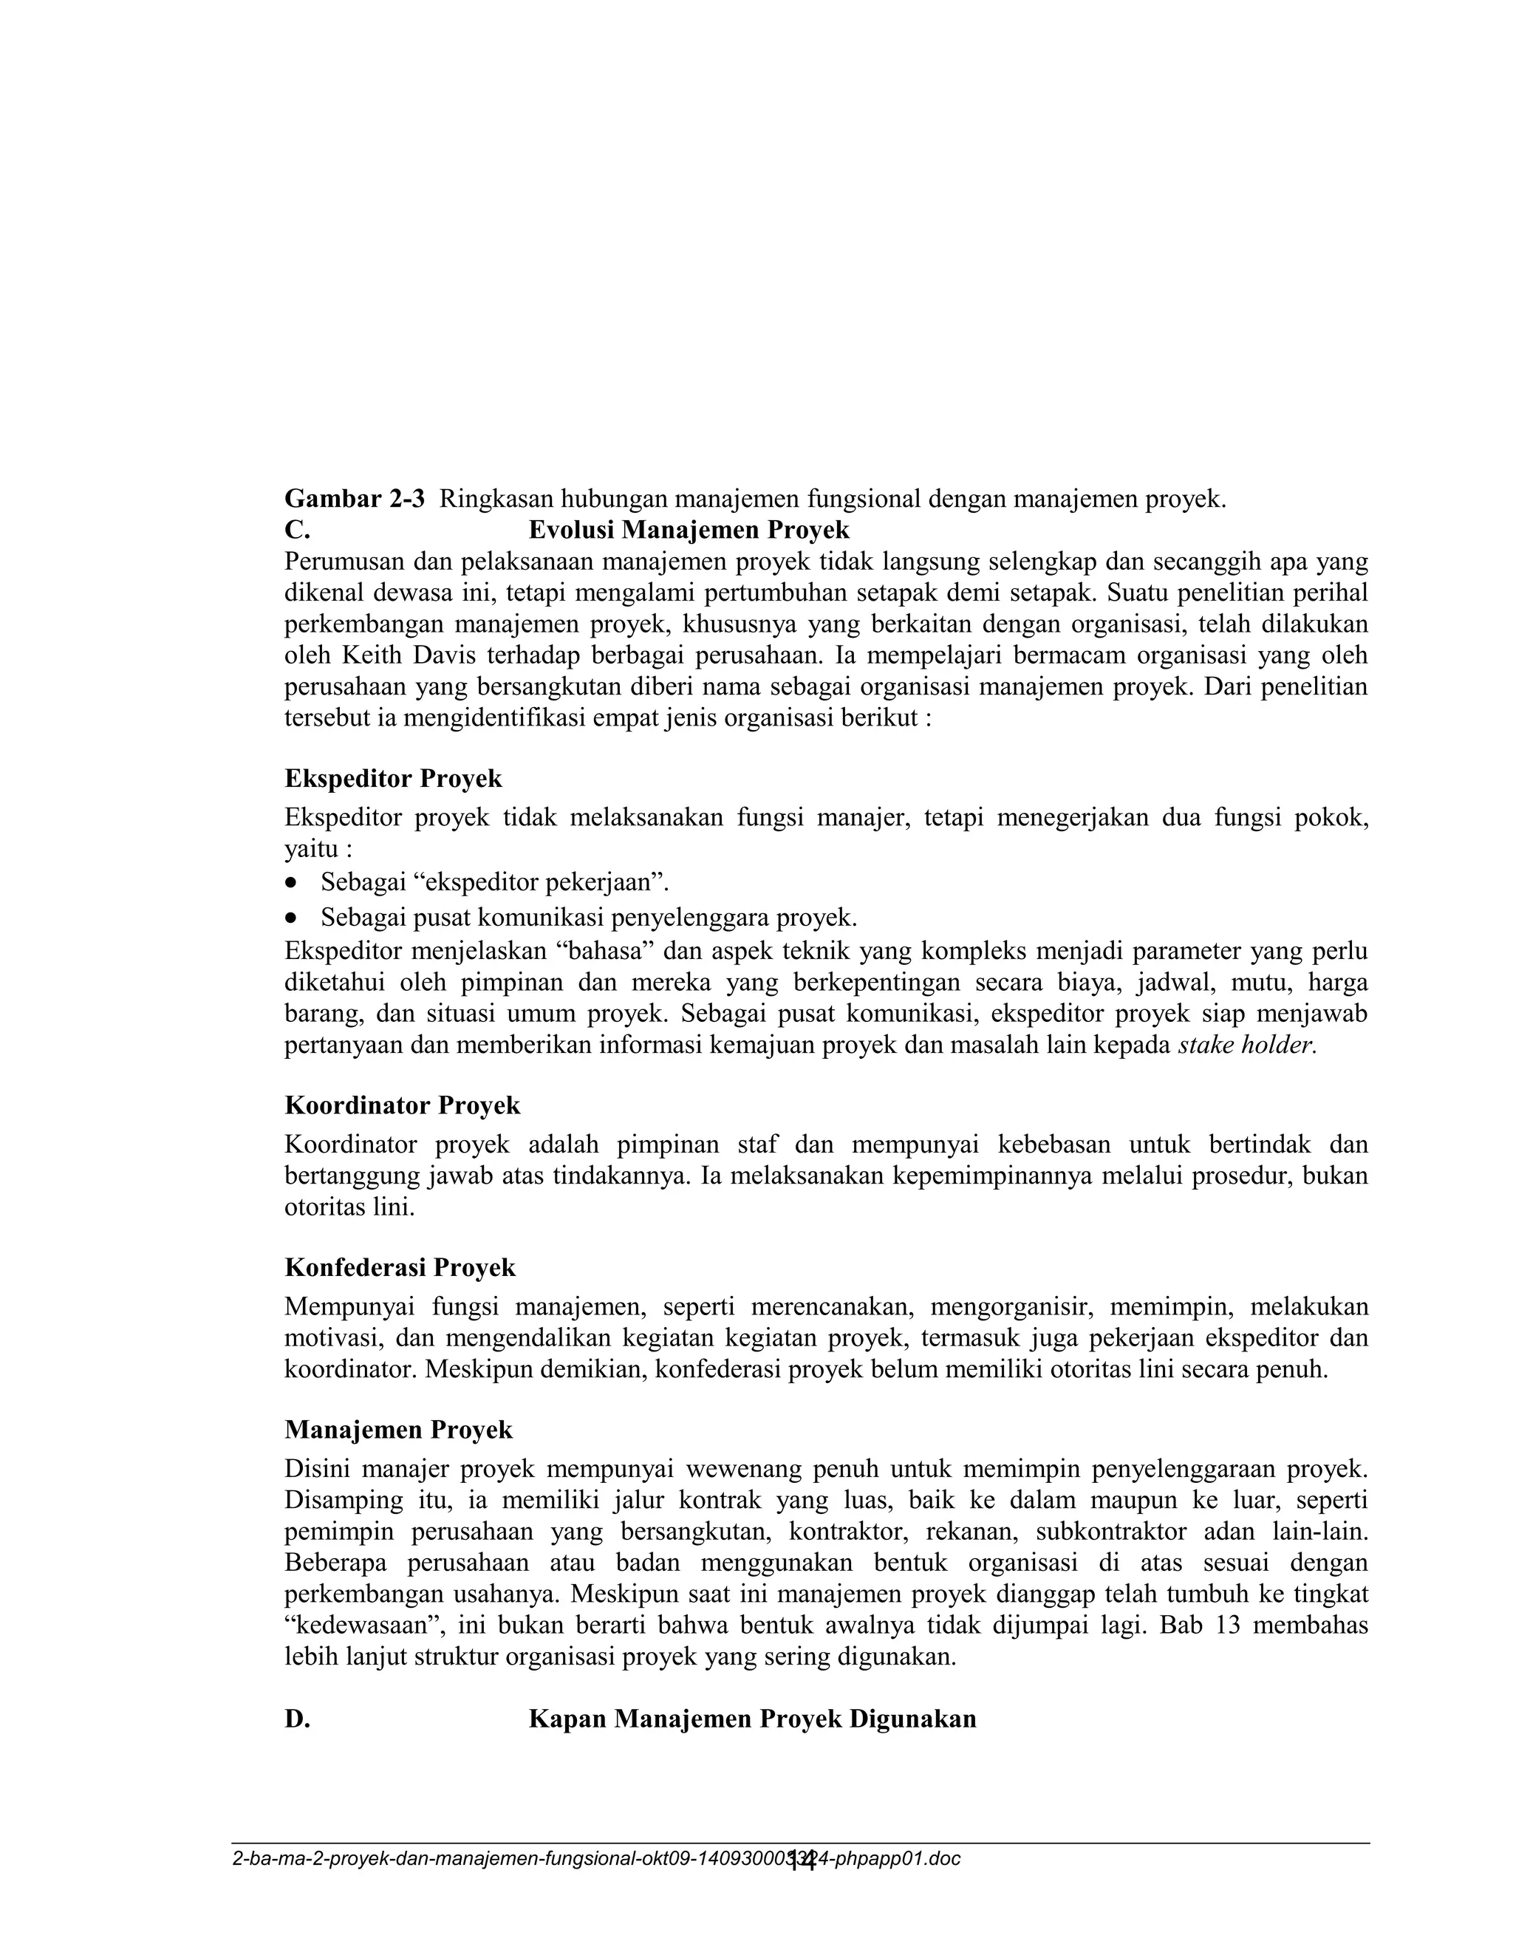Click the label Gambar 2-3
[x=354, y=499]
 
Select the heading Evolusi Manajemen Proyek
[x=689, y=530]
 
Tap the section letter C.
[x=297, y=530]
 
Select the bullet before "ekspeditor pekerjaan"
[x=290, y=883]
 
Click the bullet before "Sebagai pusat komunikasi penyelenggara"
[x=290, y=918]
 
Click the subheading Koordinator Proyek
[x=402, y=1105]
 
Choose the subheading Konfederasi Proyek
[x=400, y=1268]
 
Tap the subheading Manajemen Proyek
[x=398, y=1430]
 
